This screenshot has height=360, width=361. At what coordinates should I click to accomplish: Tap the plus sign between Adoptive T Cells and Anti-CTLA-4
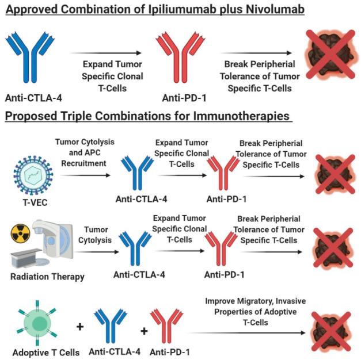(81, 328)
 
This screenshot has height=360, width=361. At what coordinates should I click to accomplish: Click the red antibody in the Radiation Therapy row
(222, 245)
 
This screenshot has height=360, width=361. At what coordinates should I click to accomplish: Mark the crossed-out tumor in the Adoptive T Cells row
(328, 325)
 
